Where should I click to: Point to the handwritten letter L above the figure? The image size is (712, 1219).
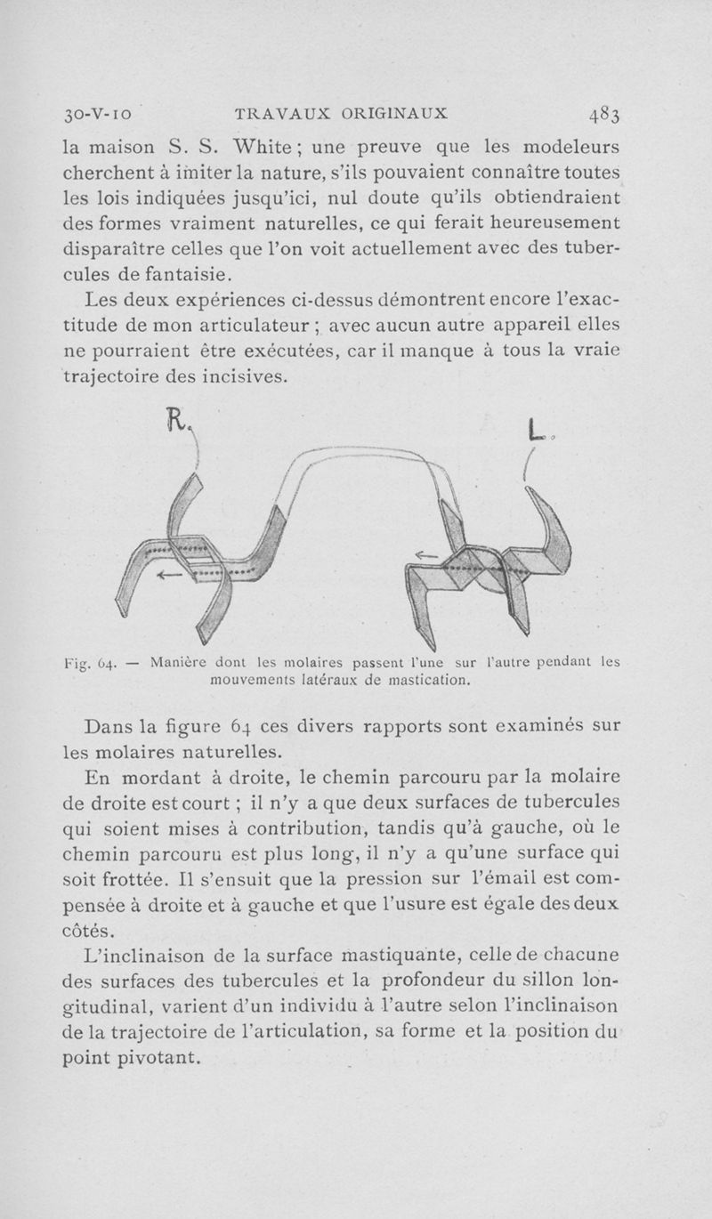click(535, 432)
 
